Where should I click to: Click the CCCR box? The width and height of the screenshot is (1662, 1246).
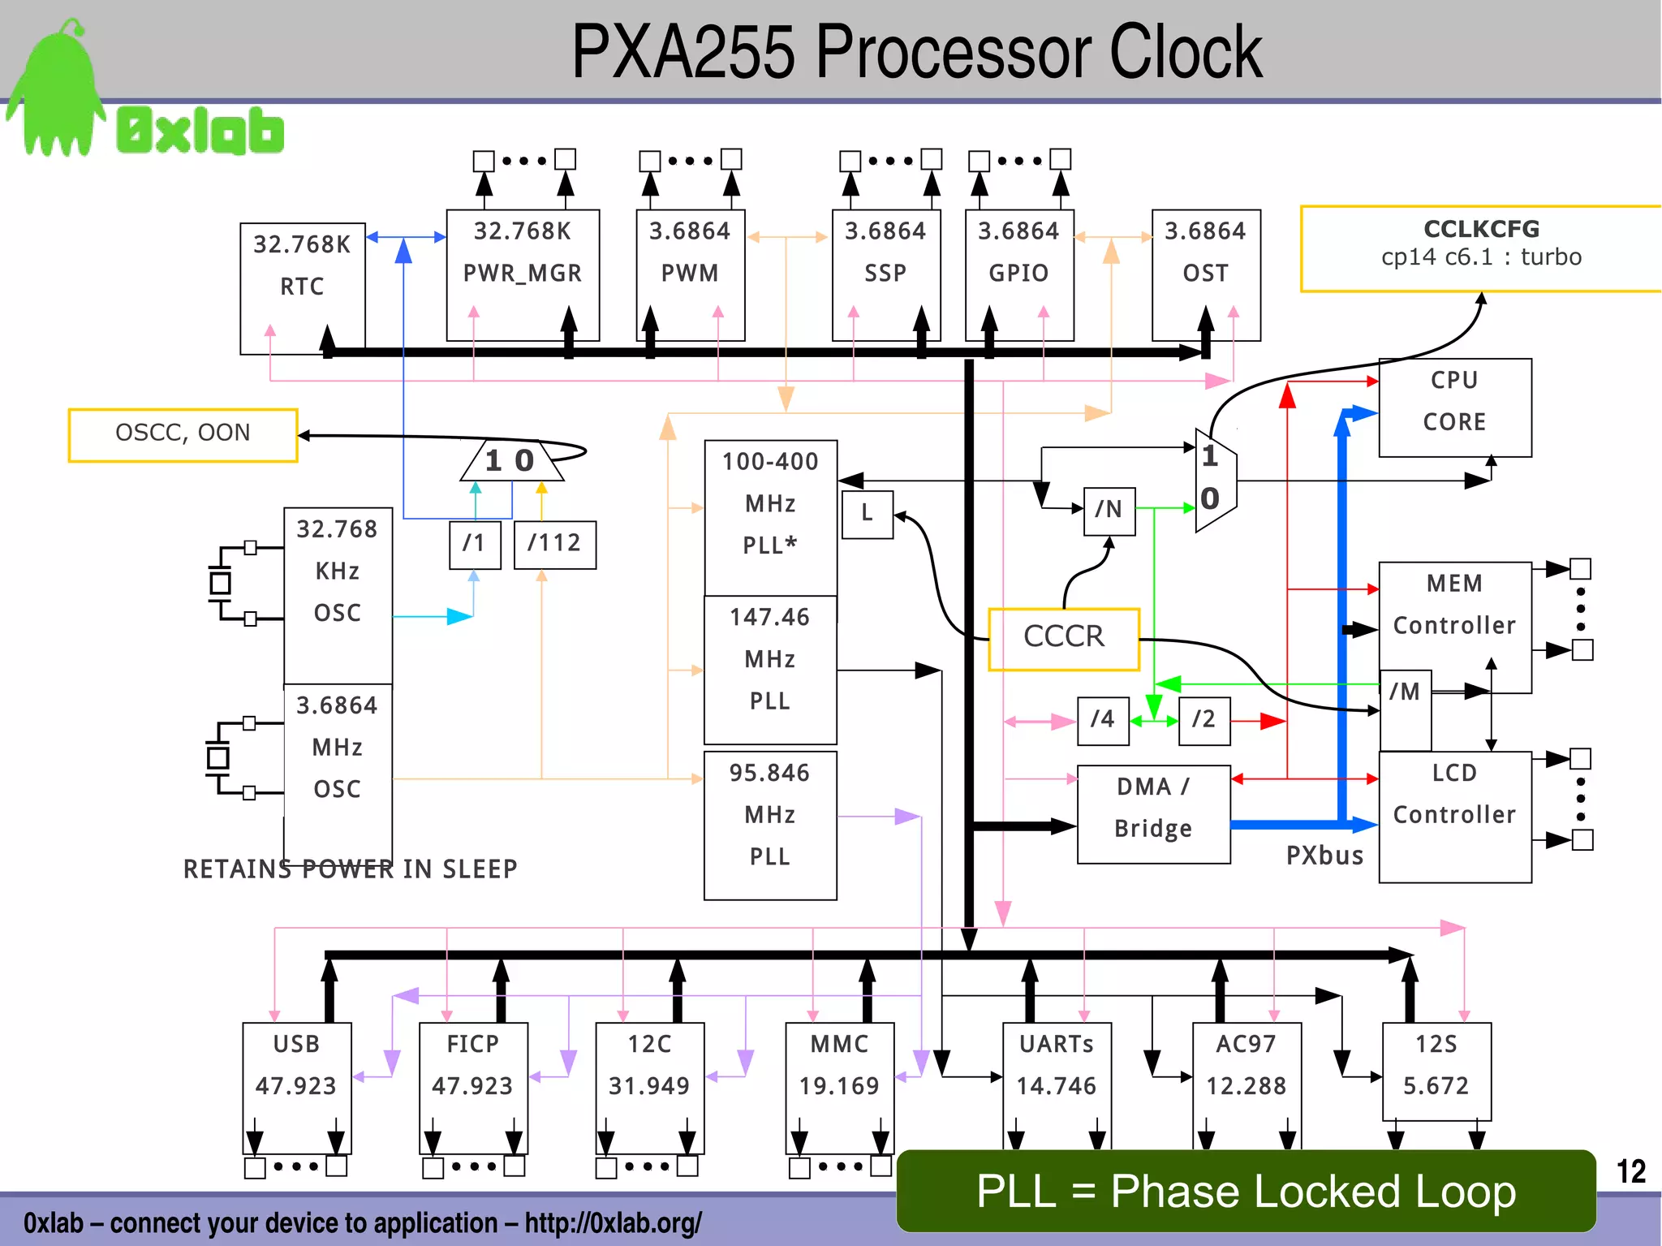(x=1064, y=639)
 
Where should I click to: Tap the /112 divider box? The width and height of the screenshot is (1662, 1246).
(x=554, y=544)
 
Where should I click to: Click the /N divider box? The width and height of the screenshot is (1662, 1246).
(x=1109, y=511)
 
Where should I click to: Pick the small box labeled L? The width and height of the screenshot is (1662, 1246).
(x=867, y=514)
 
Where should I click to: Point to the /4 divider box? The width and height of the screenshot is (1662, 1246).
(x=1102, y=720)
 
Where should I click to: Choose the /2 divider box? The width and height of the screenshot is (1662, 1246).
(x=1203, y=720)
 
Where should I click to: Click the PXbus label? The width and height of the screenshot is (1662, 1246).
(x=1324, y=856)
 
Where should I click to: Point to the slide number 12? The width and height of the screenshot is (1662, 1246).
(x=1630, y=1171)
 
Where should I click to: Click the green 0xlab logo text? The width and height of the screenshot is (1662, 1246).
(x=200, y=131)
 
